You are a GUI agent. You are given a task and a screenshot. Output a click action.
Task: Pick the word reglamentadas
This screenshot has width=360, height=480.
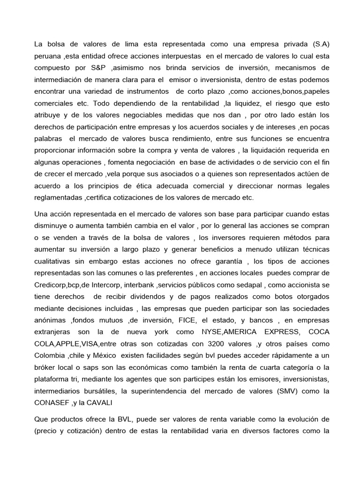click(57, 197)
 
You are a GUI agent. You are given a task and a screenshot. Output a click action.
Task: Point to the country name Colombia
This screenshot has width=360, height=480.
click(51, 355)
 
